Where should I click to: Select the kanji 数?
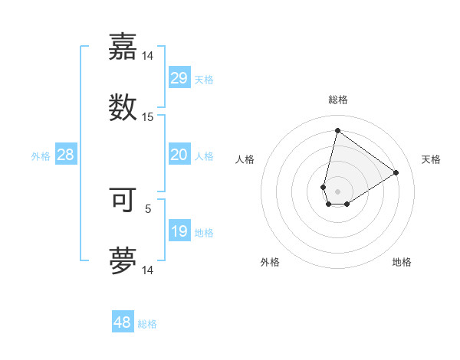[x=123, y=107]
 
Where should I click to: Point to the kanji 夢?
[x=123, y=260]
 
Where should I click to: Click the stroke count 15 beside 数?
[x=148, y=117]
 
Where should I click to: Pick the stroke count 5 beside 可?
[x=148, y=208]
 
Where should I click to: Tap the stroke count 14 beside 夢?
[x=148, y=270]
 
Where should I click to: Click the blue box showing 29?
[x=179, y=77]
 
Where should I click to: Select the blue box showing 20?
[x=179, y=155]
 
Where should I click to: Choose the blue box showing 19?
[x=179, y=231]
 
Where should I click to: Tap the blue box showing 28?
[x=66, y=155]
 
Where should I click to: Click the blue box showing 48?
[x=123, y=322]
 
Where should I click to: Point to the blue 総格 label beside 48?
[x=147, y=324]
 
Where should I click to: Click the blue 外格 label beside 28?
[x=41, y=156]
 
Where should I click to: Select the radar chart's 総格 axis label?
[x=337, y=100]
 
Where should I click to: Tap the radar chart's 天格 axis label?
[x=431, y=159]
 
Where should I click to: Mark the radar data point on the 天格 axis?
[x=396, y=172]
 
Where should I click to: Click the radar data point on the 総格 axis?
[x=337, y=130]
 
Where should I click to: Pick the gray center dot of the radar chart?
[x=337, y=191]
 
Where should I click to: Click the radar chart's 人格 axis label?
[x=245, y=159]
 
